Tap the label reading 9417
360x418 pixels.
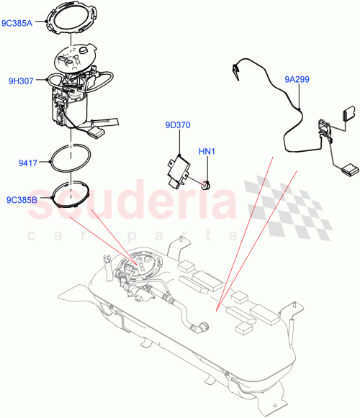coord(27,163)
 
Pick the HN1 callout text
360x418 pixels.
coord(207,151)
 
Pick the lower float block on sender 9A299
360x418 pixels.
coord(348,170)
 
